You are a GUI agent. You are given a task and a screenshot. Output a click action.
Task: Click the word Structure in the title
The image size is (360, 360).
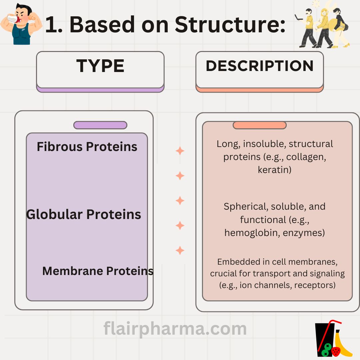[x=230, y=25]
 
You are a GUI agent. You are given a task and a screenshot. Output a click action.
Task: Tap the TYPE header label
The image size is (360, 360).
[x=100, y=66]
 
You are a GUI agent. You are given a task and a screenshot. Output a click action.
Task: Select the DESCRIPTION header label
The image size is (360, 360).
[x=260, y=66]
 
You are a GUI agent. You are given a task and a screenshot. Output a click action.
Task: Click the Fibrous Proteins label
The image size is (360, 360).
[x=87, y=147]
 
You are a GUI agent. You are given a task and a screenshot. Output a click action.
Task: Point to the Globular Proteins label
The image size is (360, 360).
[x=83, y=214]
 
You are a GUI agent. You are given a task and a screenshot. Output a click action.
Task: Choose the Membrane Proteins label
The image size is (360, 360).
[x=98, y=271]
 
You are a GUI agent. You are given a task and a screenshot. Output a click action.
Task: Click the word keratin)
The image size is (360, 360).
[x=275, y=170]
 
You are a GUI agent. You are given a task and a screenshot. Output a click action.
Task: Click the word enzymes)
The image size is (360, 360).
[x=304, y=233]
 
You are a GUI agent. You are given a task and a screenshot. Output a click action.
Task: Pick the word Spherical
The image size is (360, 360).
[x=246, y=207]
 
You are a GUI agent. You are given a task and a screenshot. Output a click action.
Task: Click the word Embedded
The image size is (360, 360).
[x=235, y=262]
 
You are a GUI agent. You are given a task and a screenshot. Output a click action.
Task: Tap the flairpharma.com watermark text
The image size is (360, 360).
[x=175, y=329]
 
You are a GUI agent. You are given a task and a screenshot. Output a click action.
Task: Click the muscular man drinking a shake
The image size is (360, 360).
[x=20, y=23]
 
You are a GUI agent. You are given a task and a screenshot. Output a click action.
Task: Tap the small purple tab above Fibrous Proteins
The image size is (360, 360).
[x=100, y=125]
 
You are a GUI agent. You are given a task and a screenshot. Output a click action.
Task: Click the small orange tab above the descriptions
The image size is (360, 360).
[x=259, y=125]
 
